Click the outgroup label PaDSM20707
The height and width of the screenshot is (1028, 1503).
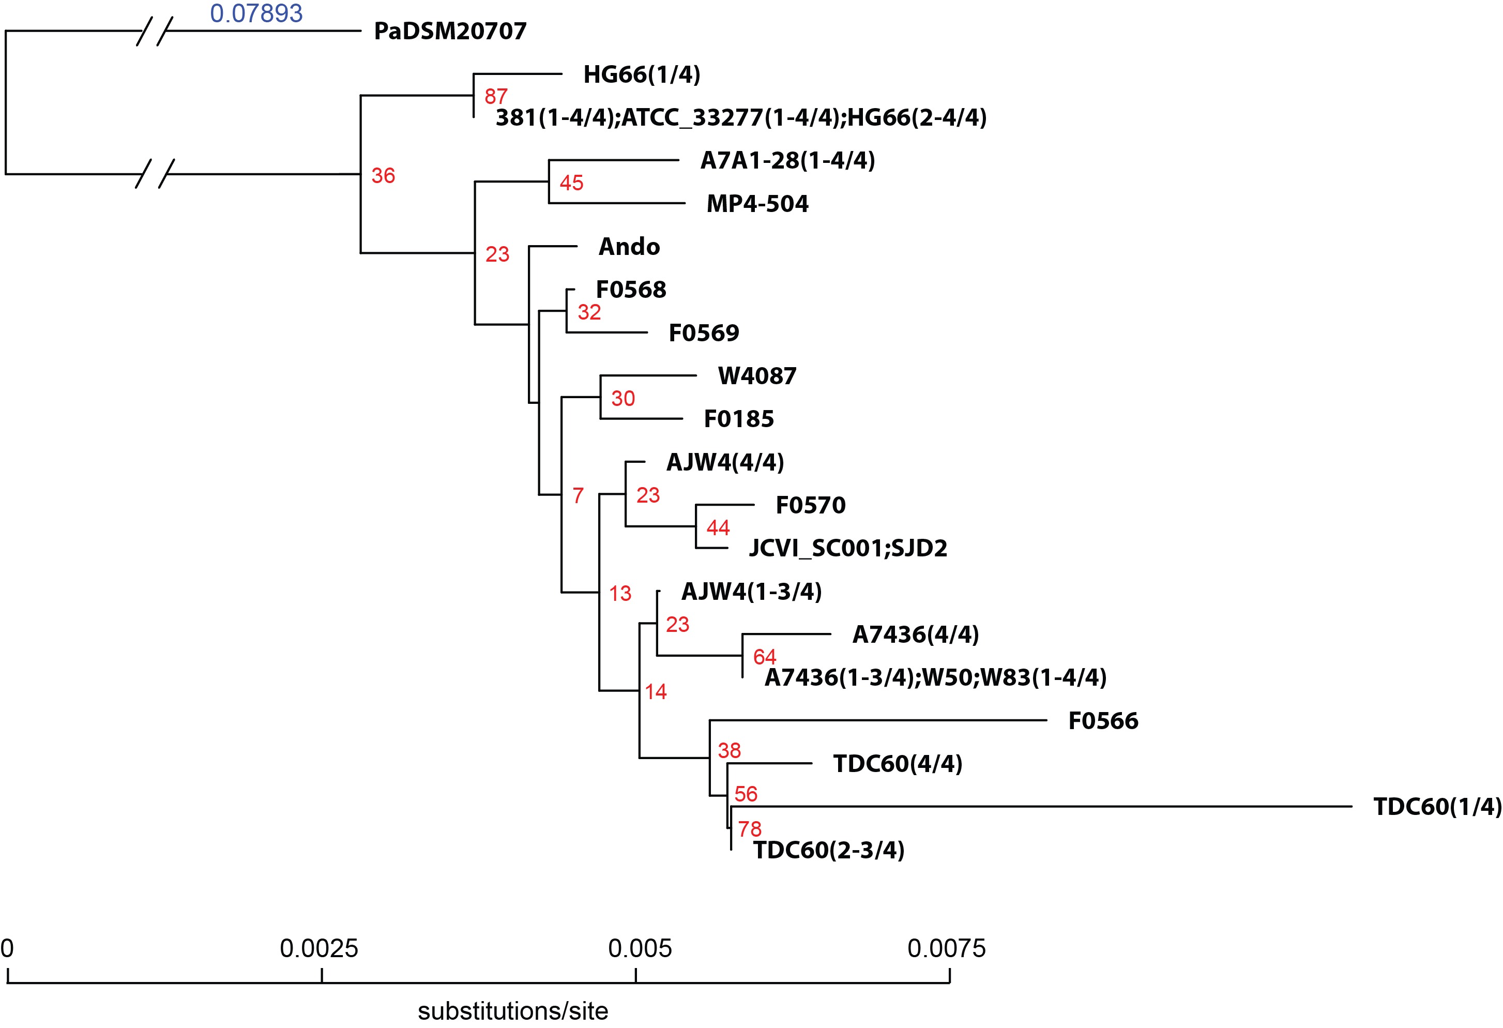pos(450,31)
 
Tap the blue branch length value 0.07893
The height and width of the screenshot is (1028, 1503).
pos(256,13)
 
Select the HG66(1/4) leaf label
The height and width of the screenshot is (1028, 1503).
pos(642,74)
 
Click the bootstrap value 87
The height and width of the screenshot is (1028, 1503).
pos(496,96)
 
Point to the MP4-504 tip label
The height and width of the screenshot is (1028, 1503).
pos(757,204)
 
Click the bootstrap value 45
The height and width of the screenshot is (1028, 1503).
pos(572,183)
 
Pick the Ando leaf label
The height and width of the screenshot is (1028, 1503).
pos(629,247)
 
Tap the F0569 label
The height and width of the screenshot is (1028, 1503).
pos(704,332)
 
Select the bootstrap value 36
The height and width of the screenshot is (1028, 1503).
pos(384,175)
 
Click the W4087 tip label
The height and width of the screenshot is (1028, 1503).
pos(757,376)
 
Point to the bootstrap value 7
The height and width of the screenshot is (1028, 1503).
pos(578,495)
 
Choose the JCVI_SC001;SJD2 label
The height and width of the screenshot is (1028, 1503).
pos(848,548)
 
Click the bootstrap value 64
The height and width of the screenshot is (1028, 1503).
pos(765,657)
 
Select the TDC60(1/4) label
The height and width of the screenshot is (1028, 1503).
pos(1437,807)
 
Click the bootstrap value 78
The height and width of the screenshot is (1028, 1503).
pos(750,829)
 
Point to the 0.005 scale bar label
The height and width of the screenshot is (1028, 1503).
pos(640,948)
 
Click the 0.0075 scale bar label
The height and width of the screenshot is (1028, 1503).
pos(946,948)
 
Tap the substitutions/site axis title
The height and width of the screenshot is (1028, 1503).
pos(513,1010)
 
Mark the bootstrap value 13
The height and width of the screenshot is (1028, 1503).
pos(620,593)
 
